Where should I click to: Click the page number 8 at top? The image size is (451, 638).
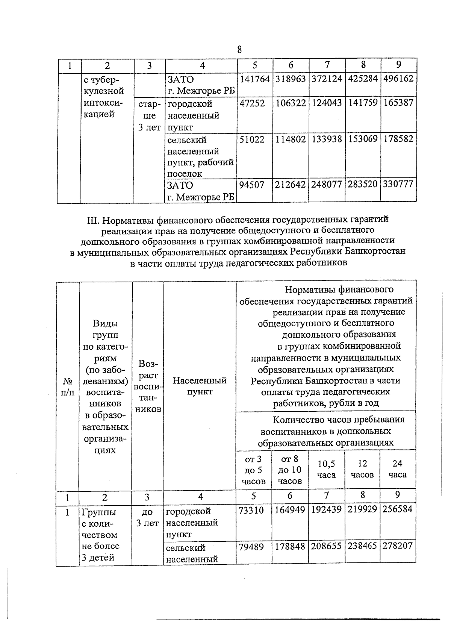pyautogui.click(x=239, y=50)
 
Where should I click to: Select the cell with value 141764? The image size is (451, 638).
pyautogui.click(x=255, y=79)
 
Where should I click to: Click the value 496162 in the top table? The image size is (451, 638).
pyautogui.click(x=398, y=79)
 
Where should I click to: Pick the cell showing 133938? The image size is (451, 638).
pyautogui.click(x=327, y=139)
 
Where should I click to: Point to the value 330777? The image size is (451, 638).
pyautogui.click(x=398, y=185)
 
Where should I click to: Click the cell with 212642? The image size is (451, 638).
pyautogui.click(x=291, y=185)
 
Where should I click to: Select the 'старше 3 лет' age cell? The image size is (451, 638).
pyautogui.click(x=149, y=116)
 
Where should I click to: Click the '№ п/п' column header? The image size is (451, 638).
pyautogui.click(x=68, y=386)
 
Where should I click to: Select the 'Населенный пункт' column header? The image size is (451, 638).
pyautogui.click(x=200, y=386)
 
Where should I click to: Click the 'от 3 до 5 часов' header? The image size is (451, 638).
pyautogui.click(x=253, y=470)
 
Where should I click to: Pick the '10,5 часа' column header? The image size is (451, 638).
pyautogui.click(x=326, y=470)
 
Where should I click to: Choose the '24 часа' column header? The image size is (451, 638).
pyautogui.click(x=398, y=469)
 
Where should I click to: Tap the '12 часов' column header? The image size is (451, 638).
pyautogui.click(x=362, y=469)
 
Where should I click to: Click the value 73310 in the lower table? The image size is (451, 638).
pyautogui.click(x=251, y=510)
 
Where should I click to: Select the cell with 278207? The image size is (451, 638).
pyautogui.click(x=398, y=546)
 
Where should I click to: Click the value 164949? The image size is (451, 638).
pyautogui.click(x=290, y=510)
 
